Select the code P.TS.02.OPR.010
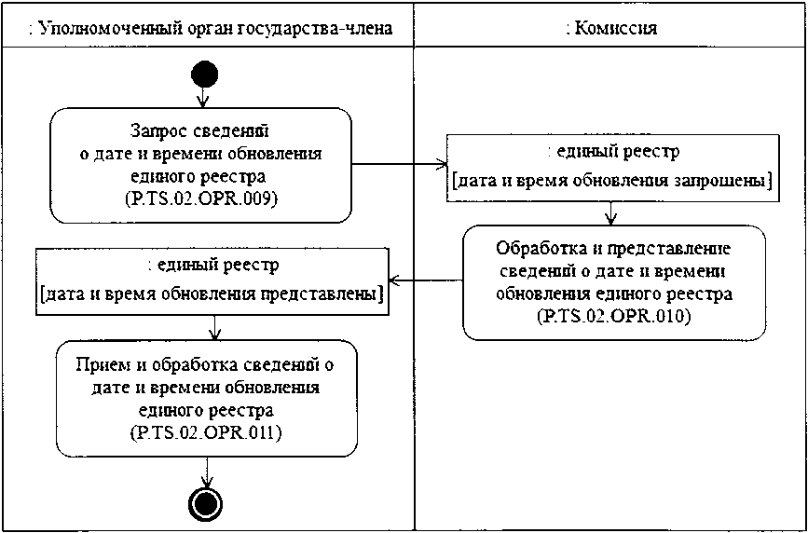(x=613, y=317)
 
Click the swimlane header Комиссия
(x=611, y=28)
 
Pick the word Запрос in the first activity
(x=152, y=131)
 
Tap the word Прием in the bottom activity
(x=97, y=362)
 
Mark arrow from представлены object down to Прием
(x=215, y=325)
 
